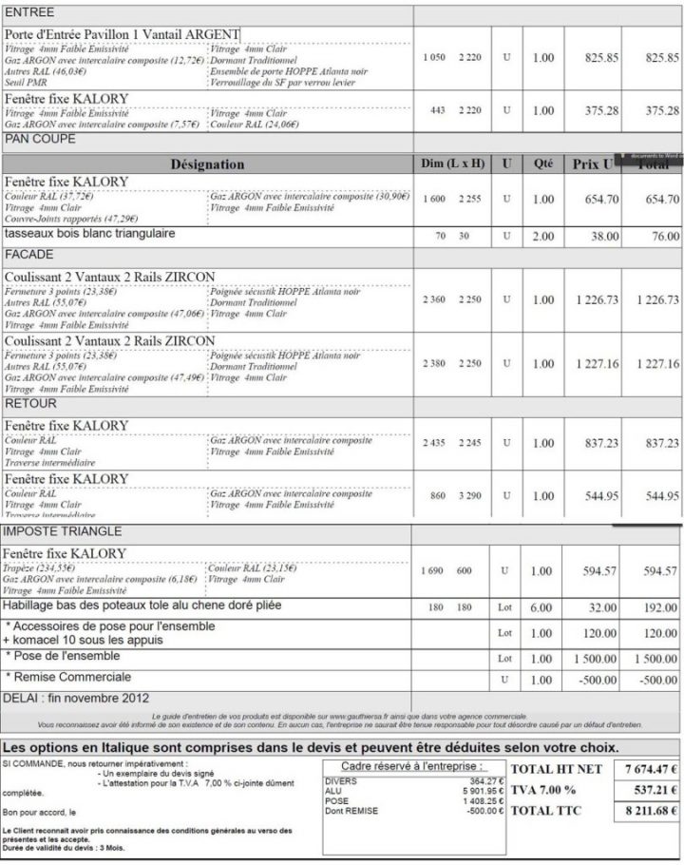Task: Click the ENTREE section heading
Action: coord(29,12)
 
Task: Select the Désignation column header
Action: coord(207,164)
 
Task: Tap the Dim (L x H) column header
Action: coord(453,163)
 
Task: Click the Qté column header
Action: coord(542,163)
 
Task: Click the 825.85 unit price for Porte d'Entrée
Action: coord(602,58)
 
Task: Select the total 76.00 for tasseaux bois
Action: coord(658,236)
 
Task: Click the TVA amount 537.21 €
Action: coord(656,790)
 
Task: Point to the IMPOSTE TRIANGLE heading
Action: coord(63,530)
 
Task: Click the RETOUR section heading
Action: coord(30,404)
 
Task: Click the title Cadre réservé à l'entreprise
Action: coord(411,766)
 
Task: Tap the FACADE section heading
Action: coord(29,256)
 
